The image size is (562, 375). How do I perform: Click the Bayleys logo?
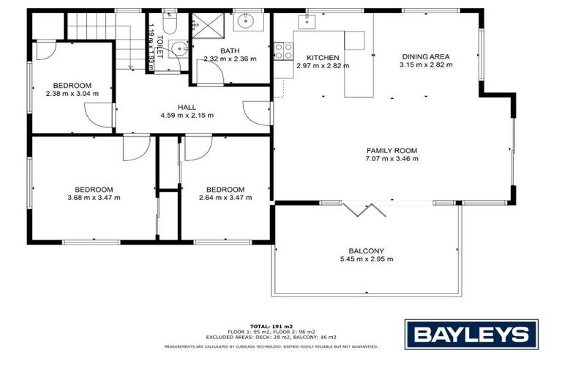[471, 334]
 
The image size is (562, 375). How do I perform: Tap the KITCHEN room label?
[323, 57]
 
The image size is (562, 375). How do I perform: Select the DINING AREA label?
[426, 56]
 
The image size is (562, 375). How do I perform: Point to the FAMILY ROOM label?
[391, 150]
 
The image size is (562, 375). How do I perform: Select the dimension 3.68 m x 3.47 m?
[94, 197]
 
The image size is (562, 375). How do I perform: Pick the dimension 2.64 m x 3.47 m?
[222, 197]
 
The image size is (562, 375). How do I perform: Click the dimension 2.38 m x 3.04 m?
[72, 93]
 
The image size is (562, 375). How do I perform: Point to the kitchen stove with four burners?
[283, 51]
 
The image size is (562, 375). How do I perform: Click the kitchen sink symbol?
[307, 22]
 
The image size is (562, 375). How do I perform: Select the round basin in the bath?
[244, 21]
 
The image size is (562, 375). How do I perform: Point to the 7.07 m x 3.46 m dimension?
[391, 158]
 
